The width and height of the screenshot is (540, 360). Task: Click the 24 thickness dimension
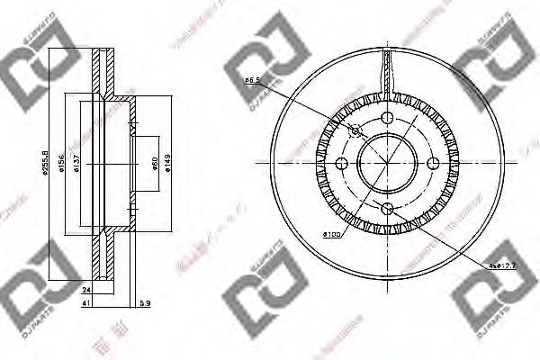coord(85,290)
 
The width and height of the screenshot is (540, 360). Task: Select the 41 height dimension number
coord(85,304)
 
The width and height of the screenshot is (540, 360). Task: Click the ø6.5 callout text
coord(253,80)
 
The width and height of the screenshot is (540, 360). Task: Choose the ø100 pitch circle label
coord(331,235)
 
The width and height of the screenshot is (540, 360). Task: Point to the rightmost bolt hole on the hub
coord(433,163)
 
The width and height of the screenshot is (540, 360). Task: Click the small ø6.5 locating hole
coord(355,131)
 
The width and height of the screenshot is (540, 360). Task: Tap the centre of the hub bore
coord(388,163)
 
